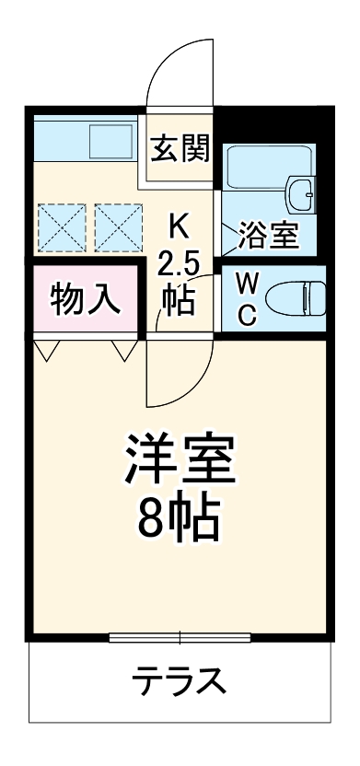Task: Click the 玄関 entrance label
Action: [x=179, y=146]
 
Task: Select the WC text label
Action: [x=248, y=297]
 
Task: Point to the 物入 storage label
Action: [x=85, y=299]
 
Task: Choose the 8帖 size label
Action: [x=180, y=521]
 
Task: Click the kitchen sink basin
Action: [x=112, y=143]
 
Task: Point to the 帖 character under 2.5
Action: [x=179, y=300]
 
